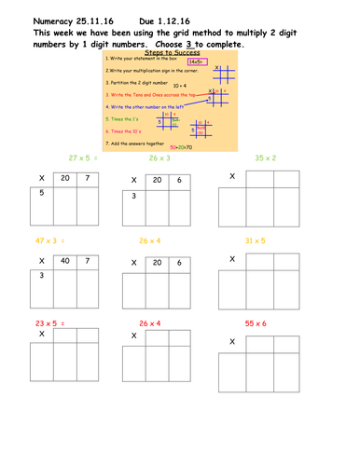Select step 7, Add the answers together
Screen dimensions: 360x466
coord(145,144)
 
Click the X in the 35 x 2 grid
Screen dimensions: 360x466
coord(231,176)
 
